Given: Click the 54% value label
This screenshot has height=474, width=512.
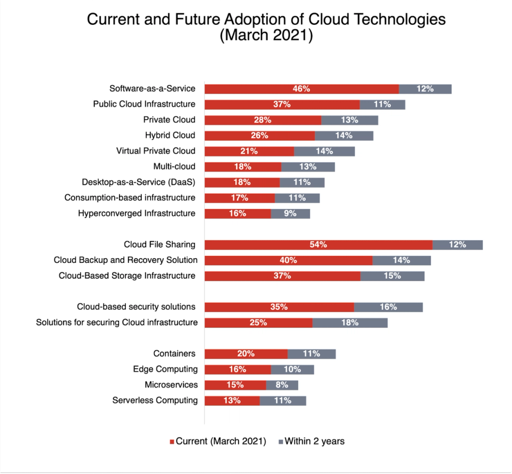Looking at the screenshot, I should [x=318, y=244].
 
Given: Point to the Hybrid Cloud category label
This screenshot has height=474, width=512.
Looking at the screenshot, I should [x=170, y=135].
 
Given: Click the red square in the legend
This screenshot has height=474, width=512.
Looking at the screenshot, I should [x=171, y=441].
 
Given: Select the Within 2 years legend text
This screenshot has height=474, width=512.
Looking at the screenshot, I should [x=314, y=441].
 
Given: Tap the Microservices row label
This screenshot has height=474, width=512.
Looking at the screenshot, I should [x=171, y=385].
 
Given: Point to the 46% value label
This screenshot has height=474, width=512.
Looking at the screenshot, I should [x=301, y=88].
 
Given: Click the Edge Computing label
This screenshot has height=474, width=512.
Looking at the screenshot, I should [x=165, y=369].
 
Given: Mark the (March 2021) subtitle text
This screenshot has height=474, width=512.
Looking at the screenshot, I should [x=266, y=36].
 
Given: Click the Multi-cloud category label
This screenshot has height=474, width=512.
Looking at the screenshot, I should [x=174, y=166].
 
